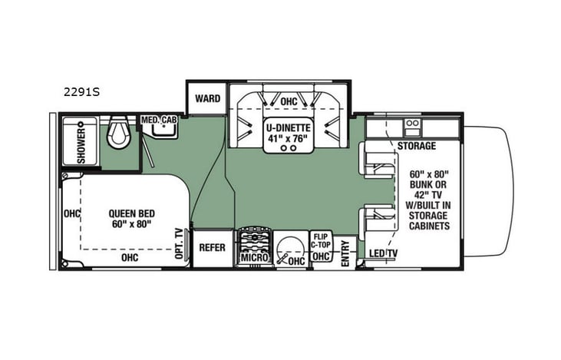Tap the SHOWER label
pos(81,140)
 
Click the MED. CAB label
pos(159,121)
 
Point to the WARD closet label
pos(207,99)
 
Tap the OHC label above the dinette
pos(289,101)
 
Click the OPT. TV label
pos(180,244)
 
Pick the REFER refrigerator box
pos(212,248)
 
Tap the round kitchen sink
pos(289,247)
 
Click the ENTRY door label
pos(345,253)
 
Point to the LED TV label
pos(384,254)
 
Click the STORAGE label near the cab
pos(416,146)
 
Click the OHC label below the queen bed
pos(129,259)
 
